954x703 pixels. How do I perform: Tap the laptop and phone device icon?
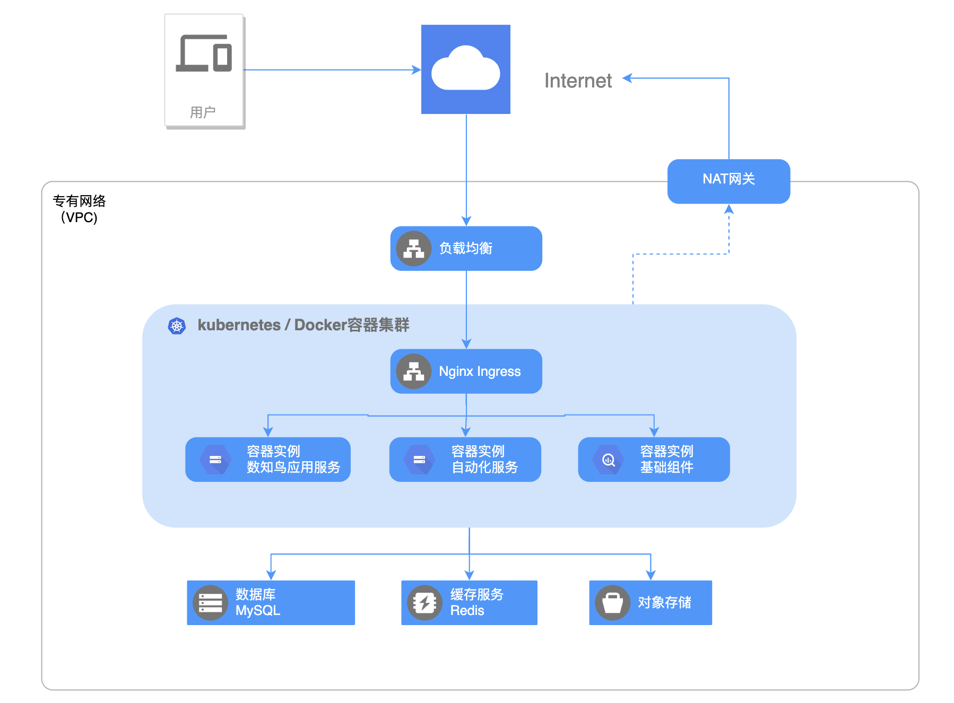pyautogui.click(x=204, y=53)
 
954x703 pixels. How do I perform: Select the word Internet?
pyautogui.click(x=578, y=81)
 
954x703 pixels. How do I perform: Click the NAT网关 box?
pyautogui.click(x=728, y=181)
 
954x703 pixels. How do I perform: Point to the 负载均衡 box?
pyautogui.click(x=466, y=248)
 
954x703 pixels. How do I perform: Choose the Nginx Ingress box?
pyautogui.click(x=466, y=371)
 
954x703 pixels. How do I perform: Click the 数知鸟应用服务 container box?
pyautogui.click(x=268, y=459)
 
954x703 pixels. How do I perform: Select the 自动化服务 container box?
pyautogui.click(x=465, y=459)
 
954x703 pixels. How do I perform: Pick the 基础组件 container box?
pyautogui.click(x=654, y=459)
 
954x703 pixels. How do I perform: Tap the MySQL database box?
pyautogui.click(x=271, y=603)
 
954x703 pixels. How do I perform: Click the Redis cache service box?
pyautogui.click(x=469, y=603)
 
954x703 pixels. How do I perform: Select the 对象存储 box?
pyautogui.click(x=651, y=603)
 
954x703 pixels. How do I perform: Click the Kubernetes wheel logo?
pyautogui.click(x=177, y=326)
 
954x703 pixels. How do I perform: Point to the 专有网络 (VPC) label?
pyautogui.click(x=79, y=209)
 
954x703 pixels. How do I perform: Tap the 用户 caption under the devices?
pyautogui.click(x=203, y=112)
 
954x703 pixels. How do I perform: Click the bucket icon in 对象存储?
pyautogui.click(x=612, y=603)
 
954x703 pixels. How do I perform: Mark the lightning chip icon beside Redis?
pyautogui.click(x=424, y=603)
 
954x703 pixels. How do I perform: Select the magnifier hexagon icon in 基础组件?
pyautogui.click(x=609, y=460)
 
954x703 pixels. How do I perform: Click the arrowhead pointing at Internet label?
pyautogui.click(x=627, y=78)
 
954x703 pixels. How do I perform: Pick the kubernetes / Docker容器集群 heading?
pyautogui.click(x=303, y=325)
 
